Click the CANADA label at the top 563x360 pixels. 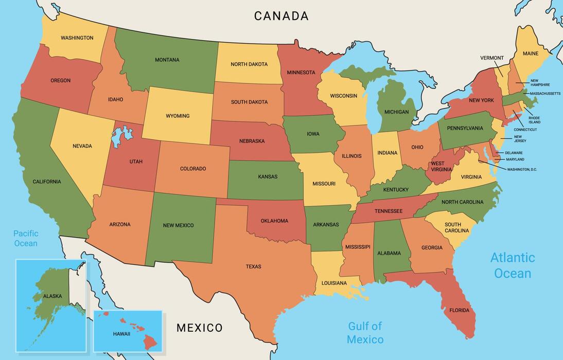(281, 16)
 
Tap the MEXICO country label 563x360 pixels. (200, 328)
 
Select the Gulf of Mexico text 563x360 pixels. (365, 333)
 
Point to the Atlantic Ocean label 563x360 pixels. (512, 265)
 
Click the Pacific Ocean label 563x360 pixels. (26, 238)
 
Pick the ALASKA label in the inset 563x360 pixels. (52, 296)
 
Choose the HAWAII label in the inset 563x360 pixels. (121, 334)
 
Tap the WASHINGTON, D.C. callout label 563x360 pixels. (522, 169)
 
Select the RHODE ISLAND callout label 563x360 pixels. (534, 120)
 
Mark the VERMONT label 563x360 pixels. (492, 58)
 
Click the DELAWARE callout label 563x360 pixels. (514, 153)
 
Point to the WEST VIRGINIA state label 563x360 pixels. (441, 166)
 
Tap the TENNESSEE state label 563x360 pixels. (388, 211)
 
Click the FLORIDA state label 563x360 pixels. (459, 310)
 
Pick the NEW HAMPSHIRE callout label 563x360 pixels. (540, 82)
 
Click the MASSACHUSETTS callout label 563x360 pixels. (545, 94)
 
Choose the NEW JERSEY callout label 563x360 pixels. (520, 138)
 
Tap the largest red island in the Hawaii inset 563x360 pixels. (151, 341)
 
